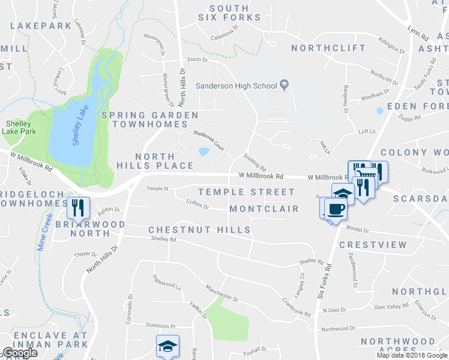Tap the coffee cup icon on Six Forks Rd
pyautogui.click(x=336, y=209)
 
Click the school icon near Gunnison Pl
pyautogui.click(x=167, y=346)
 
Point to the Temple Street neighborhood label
pyautogui.click(x=246, y=192)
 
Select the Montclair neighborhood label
pyautogui.click(x=264, y=209)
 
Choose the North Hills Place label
pyautogui.click(x=164, y=161)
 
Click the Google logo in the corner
pyautogui.click(x=20, y=353)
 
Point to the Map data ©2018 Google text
pyautogui.click(x=412, y=355)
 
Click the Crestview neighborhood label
pyautogui.click(x=373, y=245)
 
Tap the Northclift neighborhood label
pyautogui.click(x=328, y=47)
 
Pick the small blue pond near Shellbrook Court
pyautogui.click(x=203, y=152)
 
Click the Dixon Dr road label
pyautogui.click(x=197, y=60)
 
